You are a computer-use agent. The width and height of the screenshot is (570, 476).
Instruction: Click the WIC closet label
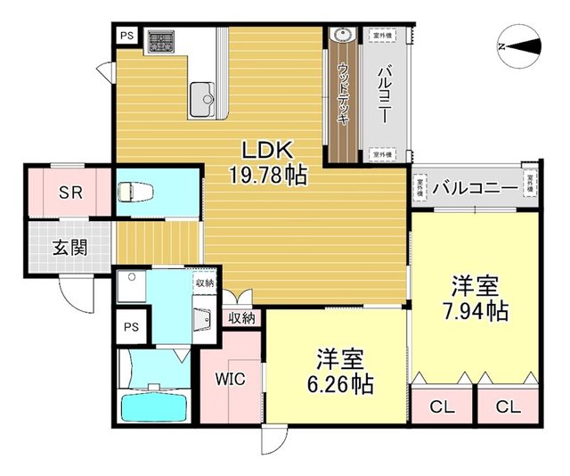[x=229, y=377]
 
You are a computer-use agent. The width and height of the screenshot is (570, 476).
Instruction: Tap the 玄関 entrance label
[x=69, y=247]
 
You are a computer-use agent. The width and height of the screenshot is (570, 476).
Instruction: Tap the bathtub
[x=153, y=408]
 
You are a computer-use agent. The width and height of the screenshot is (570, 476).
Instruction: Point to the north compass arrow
[x=519, y=45]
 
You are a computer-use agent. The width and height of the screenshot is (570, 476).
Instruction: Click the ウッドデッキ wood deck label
[x=344, y=94]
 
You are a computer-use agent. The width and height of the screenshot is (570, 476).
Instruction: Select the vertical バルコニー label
[x=384, y=94]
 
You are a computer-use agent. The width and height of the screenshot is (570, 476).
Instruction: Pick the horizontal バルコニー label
[x=475, y=188]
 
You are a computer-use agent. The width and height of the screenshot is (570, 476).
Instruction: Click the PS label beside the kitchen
[x=126, y=36]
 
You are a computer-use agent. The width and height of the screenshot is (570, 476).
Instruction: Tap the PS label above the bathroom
[x=131, y=324]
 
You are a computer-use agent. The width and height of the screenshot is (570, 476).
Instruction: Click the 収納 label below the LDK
[x=241, y=316]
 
